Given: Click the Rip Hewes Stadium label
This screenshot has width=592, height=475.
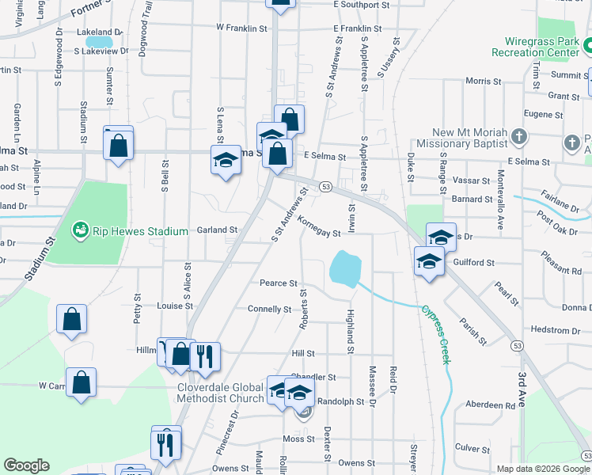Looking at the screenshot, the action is [x=140, y=231].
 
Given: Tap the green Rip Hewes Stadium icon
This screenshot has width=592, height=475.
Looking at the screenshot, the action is [x=79, y=231].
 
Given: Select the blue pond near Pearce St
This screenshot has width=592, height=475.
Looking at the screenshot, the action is [x=344, y=269].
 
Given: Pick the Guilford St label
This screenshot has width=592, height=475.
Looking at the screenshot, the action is [x=474, y=262].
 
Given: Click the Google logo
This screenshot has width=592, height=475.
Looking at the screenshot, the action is [x=26, y=465].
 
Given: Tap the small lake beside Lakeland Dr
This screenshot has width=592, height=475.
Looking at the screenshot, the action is [x=100, y=41].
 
